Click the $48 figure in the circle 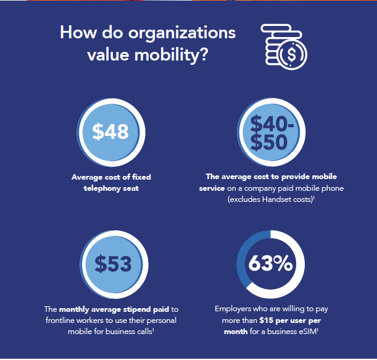(110, 131)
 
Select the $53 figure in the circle (114, 264)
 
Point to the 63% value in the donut (270, 264)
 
